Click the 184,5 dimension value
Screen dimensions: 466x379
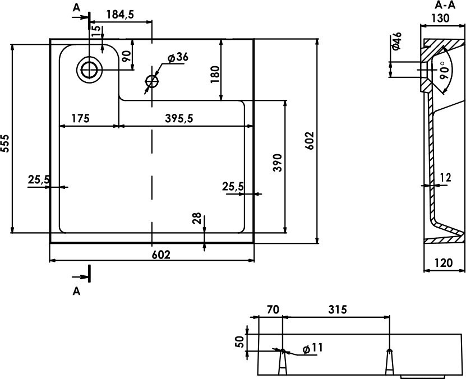tap(121, 14)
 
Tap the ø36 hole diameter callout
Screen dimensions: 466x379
tap(177, 57)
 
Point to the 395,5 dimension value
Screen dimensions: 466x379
tap(179, 118)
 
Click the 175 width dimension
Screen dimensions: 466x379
tap(80, 118)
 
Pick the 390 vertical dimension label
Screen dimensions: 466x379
tap(277, 163)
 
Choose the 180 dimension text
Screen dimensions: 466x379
tap(215, 74)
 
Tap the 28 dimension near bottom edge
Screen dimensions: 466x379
tap(197, 218)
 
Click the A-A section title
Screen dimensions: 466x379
tap(445, 6)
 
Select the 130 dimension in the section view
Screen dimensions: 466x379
tap(440, 19)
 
